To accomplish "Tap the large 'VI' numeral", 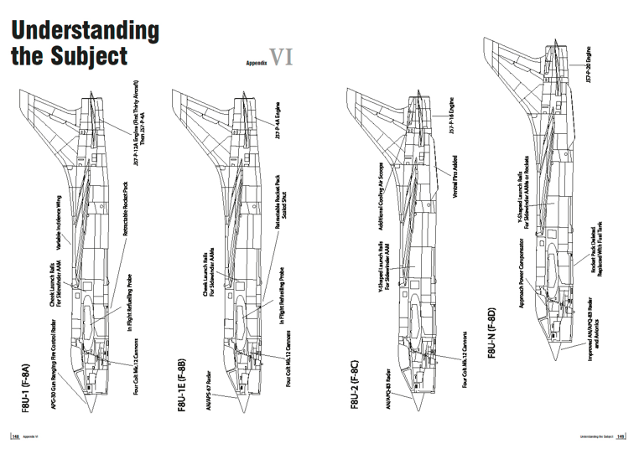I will click(280, 58).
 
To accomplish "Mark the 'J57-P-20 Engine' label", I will click(591, 70).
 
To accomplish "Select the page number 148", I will click(15, 436).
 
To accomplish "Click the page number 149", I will click(621, 436).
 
